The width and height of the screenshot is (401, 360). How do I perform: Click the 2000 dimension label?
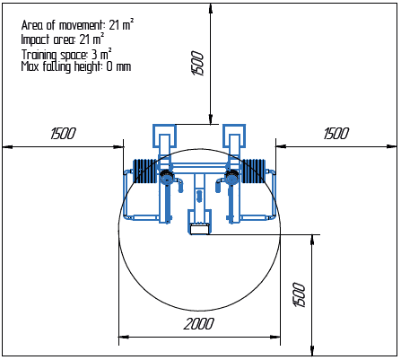[x=199, y=323]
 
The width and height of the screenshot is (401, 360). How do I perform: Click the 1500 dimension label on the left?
[x=63, y=134]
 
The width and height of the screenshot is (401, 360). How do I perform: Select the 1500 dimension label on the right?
[x=336, y=134]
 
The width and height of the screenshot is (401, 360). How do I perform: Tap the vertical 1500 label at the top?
[x=197, y=63]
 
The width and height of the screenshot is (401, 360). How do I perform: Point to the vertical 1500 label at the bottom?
[x=300, y=294]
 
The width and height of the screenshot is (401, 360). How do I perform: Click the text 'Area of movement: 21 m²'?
[x=77, y=25]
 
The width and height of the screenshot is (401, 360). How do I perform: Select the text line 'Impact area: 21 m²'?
[x=63, y=39]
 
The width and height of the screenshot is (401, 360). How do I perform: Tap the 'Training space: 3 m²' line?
[x=66, y=54]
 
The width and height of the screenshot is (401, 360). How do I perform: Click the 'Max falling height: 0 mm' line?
[x=76, y=66]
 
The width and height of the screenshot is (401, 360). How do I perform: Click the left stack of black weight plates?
[x=144, y=171]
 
